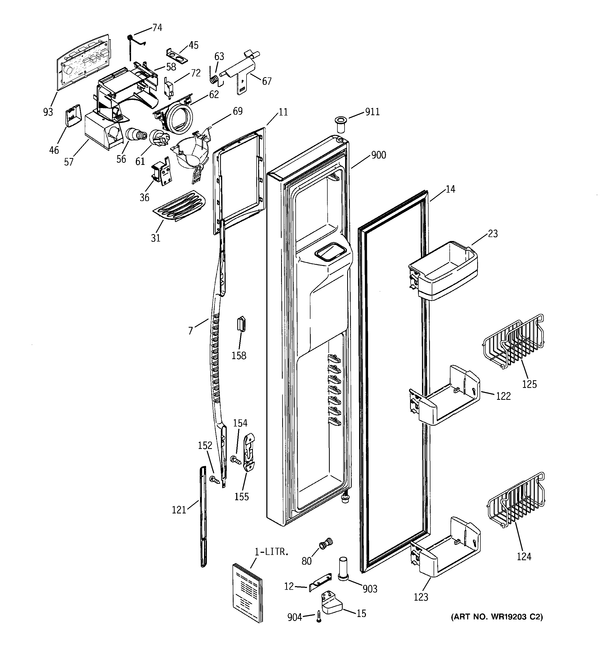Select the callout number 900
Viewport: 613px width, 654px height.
click(378, 155)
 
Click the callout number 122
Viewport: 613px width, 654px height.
click(503, 396)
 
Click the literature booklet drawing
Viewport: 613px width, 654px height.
click(247, 592)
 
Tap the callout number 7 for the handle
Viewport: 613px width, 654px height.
click(191, 331)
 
